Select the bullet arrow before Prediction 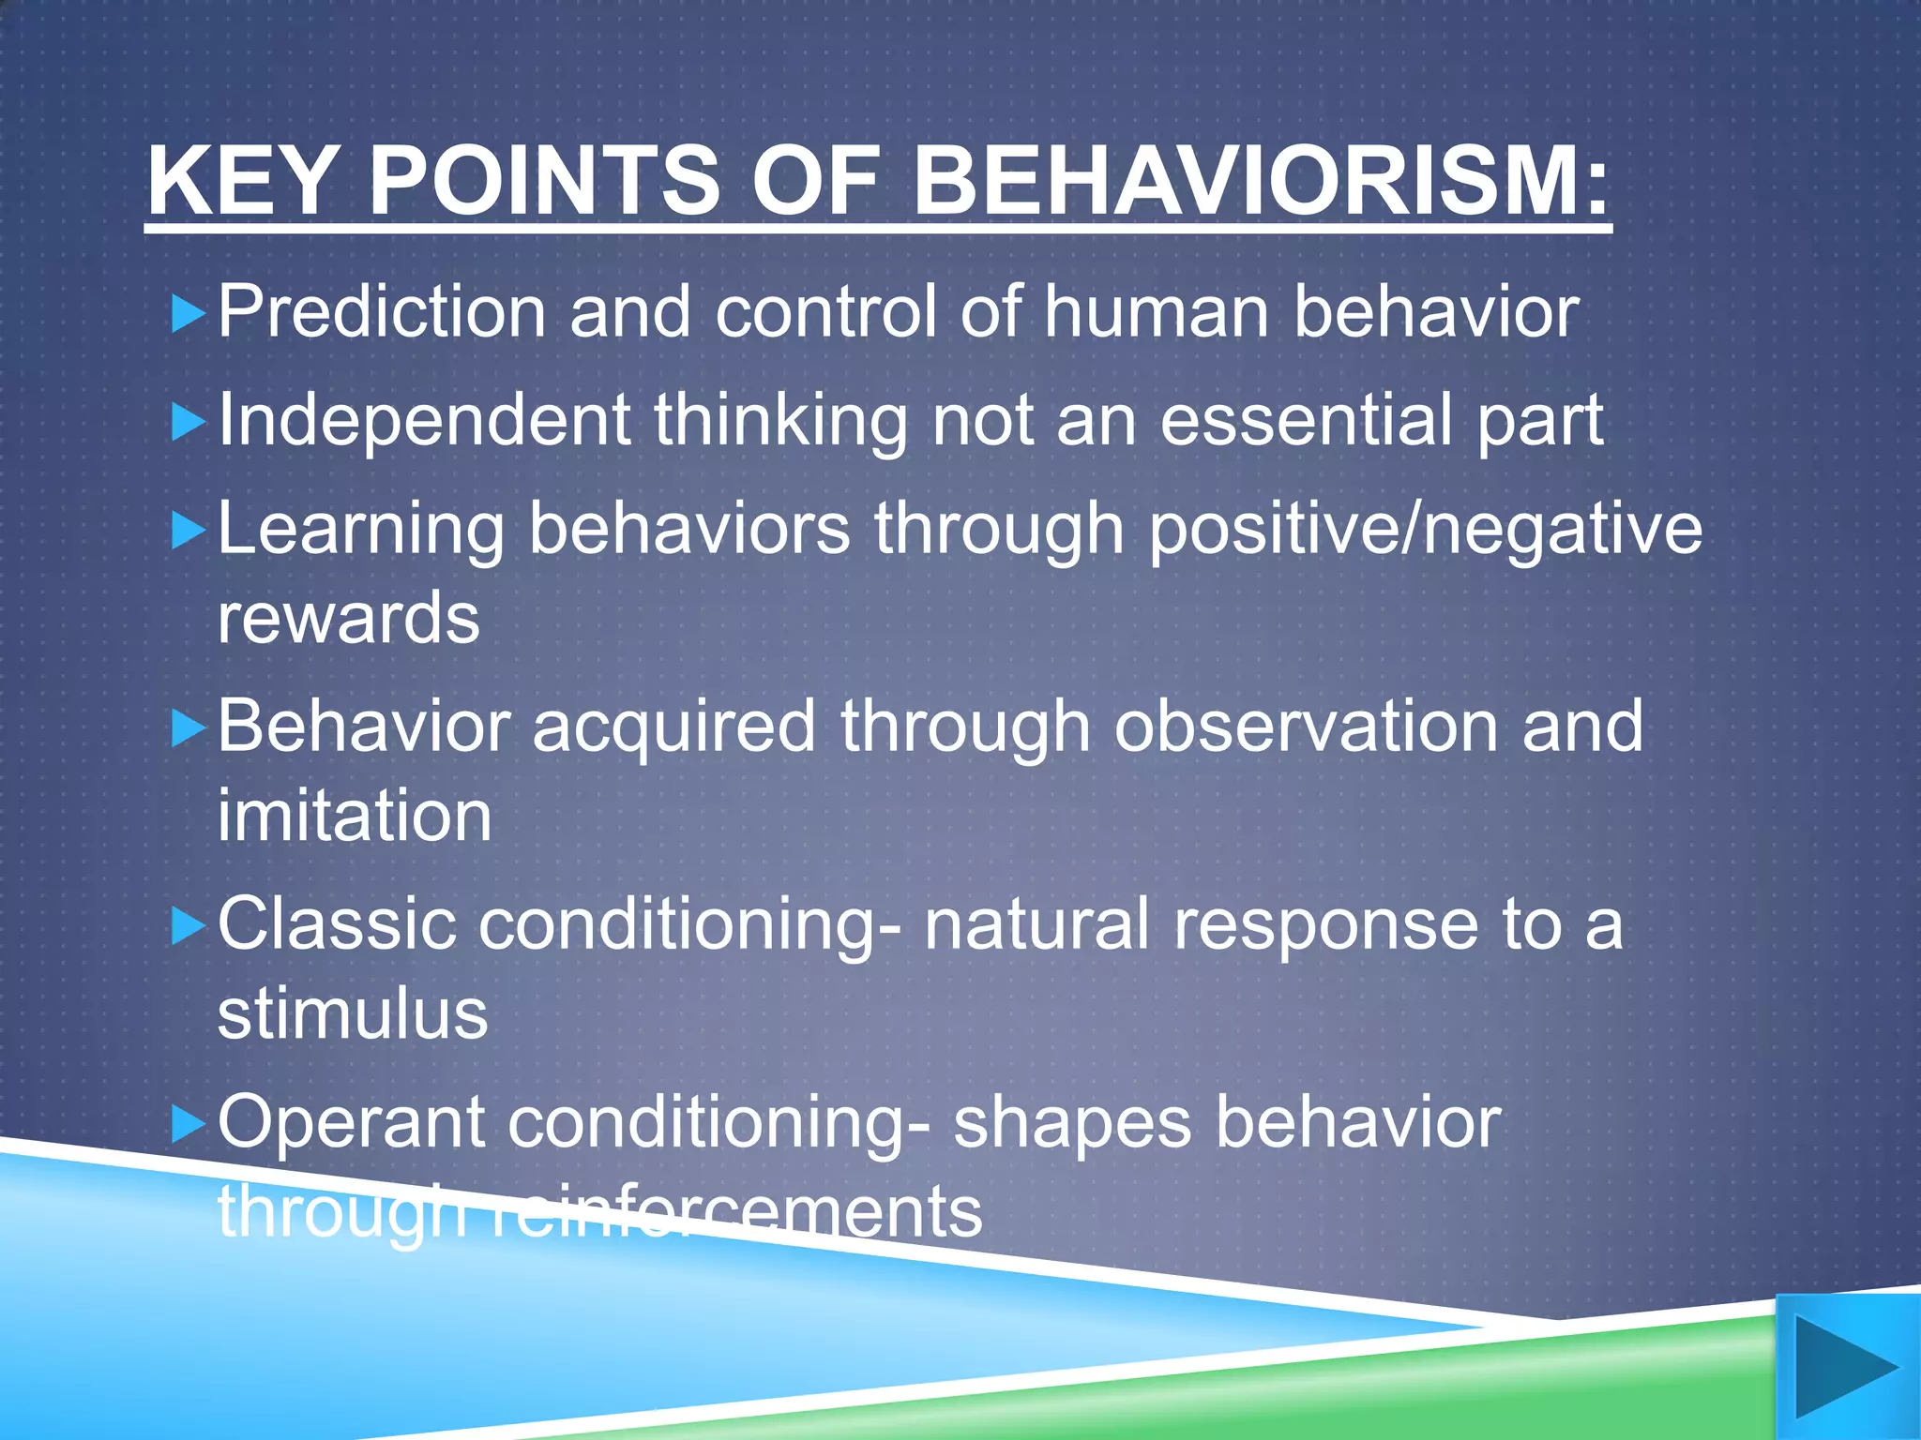[x=189, y=315]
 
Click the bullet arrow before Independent [x=189, y=423]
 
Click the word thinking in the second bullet [x=780, y=421]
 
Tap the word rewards [x=348, y=619]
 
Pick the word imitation [x=355, y=816]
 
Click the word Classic [x=337, y=924]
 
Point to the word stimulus [x=353, y=1014]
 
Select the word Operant [x=351, y=1122]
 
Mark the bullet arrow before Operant [x=189, y=1124]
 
